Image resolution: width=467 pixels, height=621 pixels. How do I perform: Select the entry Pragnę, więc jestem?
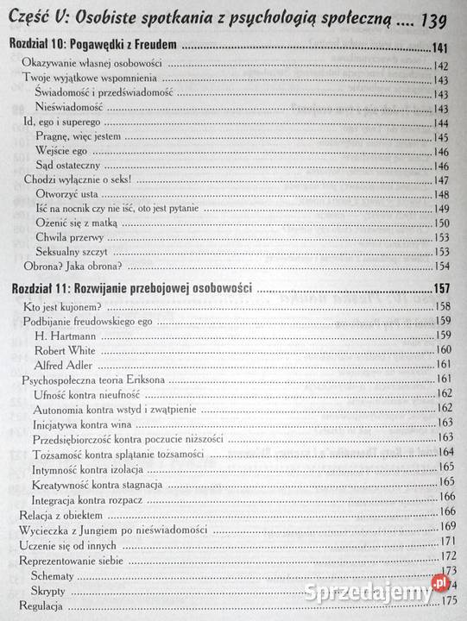[79, 137]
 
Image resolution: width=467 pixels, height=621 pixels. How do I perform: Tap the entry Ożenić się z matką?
[78, 223]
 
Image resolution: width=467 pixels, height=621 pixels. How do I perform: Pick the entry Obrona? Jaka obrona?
[72, 266]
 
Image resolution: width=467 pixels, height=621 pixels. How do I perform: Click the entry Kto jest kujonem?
[63, 306]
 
